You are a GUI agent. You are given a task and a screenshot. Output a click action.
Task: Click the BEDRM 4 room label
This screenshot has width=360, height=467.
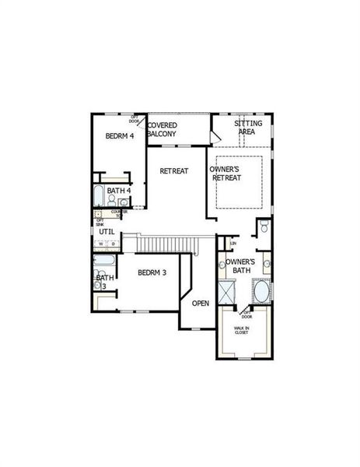click(x=121, y=136)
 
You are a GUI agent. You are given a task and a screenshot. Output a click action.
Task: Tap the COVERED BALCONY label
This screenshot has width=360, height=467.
click(x=163, y=129)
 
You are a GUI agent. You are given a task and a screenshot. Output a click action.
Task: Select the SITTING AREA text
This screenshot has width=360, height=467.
click(x=249, y=128)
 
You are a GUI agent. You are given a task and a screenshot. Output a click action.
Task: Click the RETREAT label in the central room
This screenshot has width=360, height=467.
click(x=174, y=170)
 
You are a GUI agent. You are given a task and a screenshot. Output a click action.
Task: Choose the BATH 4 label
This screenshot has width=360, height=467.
click(x=119, y=191)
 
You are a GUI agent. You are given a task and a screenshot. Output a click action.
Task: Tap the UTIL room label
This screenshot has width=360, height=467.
click(x=107, y=231)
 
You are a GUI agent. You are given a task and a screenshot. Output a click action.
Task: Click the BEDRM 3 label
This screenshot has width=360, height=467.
click(x=152, y=272)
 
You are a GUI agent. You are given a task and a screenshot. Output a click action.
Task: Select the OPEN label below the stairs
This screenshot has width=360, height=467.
click(x=201, y=303)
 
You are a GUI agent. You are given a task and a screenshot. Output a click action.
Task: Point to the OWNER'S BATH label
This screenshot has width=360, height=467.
click(x=238, y=265)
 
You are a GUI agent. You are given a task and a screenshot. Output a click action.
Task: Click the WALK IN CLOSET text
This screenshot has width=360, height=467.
click(x=243, y=332)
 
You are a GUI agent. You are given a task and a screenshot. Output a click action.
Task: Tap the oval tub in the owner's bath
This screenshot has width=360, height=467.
click(x=262, y=294)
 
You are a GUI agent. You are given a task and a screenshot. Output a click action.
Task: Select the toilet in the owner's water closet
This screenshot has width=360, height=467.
click(x=263, y=227)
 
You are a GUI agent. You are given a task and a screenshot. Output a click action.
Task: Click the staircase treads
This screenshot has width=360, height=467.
click(x=167, y=244)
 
